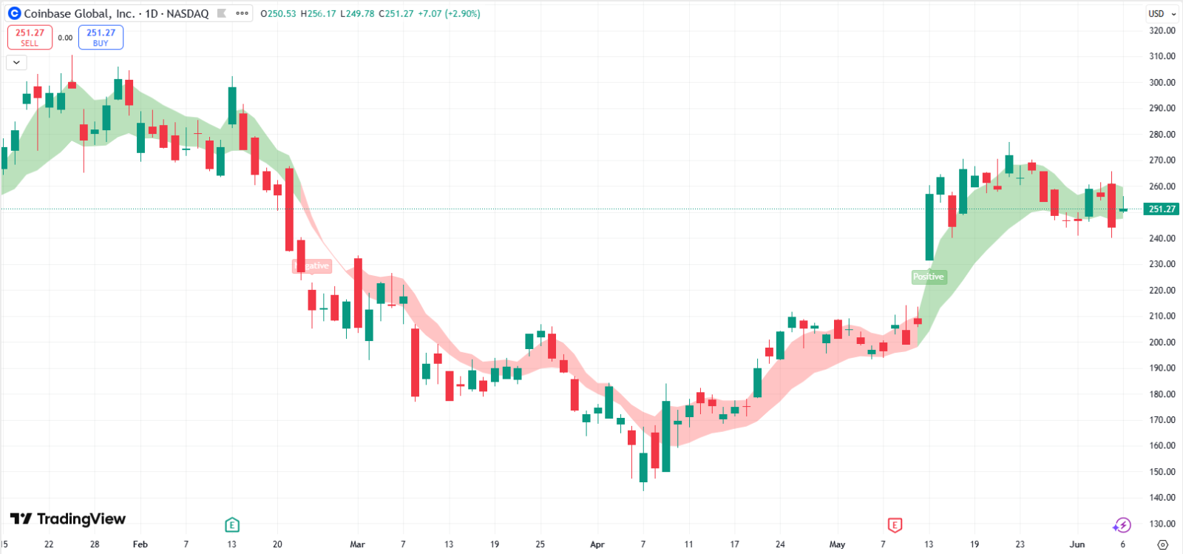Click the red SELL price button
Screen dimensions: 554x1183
pos(30,37)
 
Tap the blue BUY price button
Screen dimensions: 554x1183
pos(101,37)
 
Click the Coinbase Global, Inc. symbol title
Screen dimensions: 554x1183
pos(79,13)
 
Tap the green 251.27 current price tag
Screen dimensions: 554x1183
pos(1162,209)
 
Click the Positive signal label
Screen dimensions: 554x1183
pos(928,277)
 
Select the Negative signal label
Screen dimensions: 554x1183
pos(312,266)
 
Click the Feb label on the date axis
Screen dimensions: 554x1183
pos(140,544)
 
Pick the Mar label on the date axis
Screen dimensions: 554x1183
pos(357,544)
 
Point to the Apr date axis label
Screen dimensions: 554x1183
pos(597,544)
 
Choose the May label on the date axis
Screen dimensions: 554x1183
pos(837,544)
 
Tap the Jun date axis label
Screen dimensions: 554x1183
pos(1077,544)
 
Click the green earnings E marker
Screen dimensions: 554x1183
pos(231,525)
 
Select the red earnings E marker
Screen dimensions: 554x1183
pos(895,525)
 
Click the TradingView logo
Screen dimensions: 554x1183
pos(68,518)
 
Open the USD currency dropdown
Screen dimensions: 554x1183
pos(1162,13)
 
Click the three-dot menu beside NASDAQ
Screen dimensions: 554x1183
pos(242,13)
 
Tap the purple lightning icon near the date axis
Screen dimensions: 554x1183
pos(1122,525)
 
